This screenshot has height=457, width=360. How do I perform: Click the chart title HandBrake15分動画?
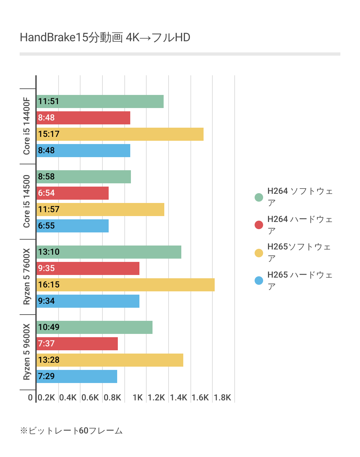coord(105,38)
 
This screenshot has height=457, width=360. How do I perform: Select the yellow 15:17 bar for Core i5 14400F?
coord(120,134)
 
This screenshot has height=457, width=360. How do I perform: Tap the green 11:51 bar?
coord(100,101)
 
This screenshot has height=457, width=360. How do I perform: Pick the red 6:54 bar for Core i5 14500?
coord(72,193)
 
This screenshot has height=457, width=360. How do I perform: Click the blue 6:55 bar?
coord(72,226)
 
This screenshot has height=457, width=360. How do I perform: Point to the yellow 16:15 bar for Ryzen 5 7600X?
coord(125,285)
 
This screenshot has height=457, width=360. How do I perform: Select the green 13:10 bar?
coord(109,252)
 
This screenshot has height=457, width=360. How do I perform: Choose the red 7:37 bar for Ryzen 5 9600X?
coord(77,344)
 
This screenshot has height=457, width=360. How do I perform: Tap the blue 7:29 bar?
coord(77,376)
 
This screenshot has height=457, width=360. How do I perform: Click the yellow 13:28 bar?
coord(110,360)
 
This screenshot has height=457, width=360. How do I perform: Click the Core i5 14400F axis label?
coord(27,126)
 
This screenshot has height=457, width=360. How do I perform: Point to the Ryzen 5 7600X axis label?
coord(27,277)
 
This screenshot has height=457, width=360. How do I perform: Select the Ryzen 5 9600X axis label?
coord(27,352)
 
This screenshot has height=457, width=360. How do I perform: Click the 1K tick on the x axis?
coord(138,397)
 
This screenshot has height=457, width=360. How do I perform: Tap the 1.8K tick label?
coord(223,397)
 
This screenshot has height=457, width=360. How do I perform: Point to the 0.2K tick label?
coord(46,397)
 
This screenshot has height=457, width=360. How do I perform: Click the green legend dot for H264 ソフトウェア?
coord(259,197)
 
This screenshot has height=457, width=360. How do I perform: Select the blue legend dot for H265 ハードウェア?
coord(259,281)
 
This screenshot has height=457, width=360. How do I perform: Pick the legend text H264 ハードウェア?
coord(299,225)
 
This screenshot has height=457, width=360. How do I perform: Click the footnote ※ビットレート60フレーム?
coord(71,431)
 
